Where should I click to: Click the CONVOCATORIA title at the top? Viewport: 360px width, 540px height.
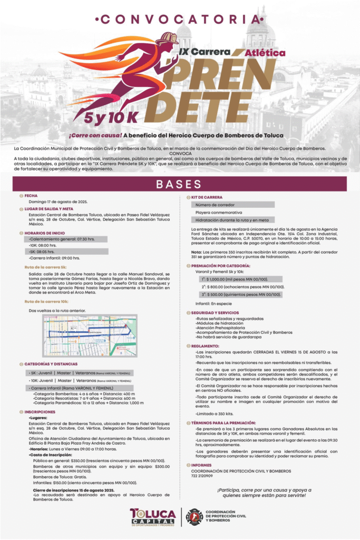click(x=180, y=20)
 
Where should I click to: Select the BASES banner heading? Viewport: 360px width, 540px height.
click(x=180, y=184)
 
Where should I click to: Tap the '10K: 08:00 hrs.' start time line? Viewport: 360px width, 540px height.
click(x=44, y=245)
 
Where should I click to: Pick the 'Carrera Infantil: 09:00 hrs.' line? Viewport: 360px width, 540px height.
click(x=55, y=258)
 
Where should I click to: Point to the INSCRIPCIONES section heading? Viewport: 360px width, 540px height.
click(x=40, y=411)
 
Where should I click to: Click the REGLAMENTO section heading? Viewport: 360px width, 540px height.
click(x=205, y=346)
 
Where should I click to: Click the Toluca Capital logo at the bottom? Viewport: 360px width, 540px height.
click(x=152, y=517)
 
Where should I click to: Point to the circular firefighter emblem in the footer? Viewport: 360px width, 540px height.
click(x=194, y=517)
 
